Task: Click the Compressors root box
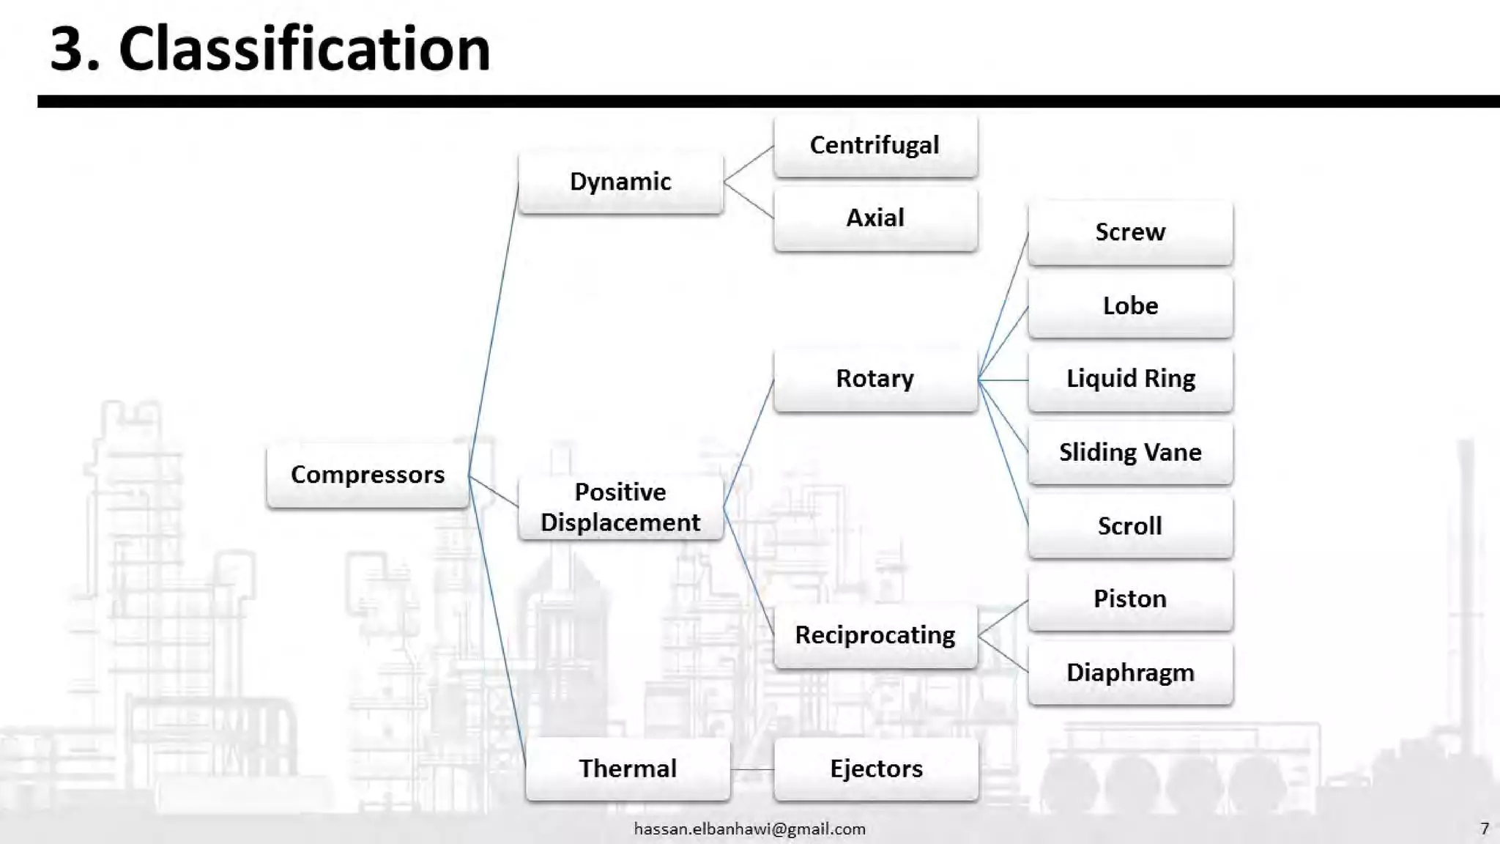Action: point(368,475)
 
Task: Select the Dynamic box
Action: point(620,182)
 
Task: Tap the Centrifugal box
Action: point(875,145)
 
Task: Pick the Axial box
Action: point(875,218)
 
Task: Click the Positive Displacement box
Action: point(620,507)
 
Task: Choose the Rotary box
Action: point(875,379)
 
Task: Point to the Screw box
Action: point(1130,232)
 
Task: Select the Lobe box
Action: point(1130,306)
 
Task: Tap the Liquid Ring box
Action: point(1130,379)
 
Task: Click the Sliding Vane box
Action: point(1130,452)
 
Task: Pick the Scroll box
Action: point(1130,526)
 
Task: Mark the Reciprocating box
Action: point(875,635)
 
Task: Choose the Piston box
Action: point(1130,599)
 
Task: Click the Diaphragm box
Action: point(1130,673)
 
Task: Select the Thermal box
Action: point(628,769)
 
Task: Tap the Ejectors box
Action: point(876,769)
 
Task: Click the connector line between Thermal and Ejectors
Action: point(752,769)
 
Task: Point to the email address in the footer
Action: point(749,829)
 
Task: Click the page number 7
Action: point(1485,829)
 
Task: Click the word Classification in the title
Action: point(304,49)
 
